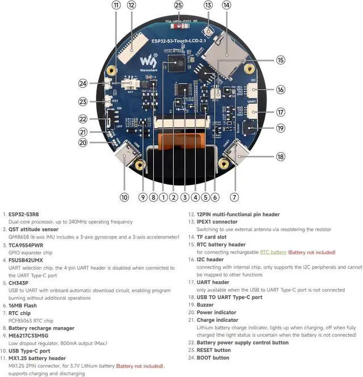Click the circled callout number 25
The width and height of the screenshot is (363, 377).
tap(179, 5)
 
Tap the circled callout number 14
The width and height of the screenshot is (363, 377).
tap(227, 5)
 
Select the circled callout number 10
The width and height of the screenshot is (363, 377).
tap(124, 197)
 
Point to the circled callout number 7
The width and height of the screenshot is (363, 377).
tap(234, 197)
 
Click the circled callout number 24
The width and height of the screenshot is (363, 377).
tap(83, 83)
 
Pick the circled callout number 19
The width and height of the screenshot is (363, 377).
tap(280, 128)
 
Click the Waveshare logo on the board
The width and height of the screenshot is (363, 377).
tap(148, 60)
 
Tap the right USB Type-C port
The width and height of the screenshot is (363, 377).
tap(238, 153)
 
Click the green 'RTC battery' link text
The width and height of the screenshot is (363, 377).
tap(273, 252)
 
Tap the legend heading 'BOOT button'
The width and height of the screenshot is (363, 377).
tap(213, 358)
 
